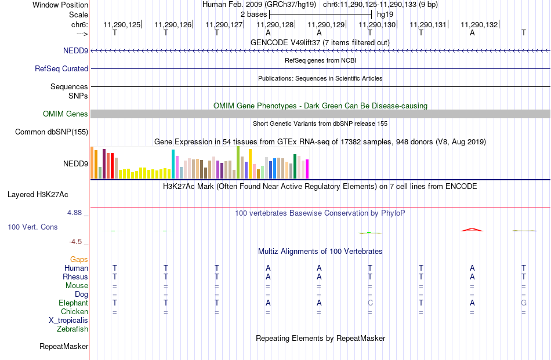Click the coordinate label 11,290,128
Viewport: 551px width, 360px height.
click(x=275, y=24)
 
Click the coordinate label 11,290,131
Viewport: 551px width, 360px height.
click(x=428, y=24)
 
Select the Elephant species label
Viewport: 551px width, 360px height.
click(x=74, y=303)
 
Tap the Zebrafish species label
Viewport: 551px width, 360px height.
click(x=72, y=329)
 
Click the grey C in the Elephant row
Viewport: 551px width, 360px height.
click(x=370, y=303)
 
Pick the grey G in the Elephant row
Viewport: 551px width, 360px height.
click(x=524, y=303)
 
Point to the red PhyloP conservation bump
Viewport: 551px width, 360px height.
click(x=472, y=230)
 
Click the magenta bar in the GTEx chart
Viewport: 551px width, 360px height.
click(x=307, y=169)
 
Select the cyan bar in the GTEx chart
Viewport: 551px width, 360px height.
click(x=173, y=164)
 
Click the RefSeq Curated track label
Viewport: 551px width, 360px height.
click(x=61, y=68)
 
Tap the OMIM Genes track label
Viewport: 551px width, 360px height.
click(x=66, y=114)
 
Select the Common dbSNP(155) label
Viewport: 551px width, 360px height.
click(x=52, y=132)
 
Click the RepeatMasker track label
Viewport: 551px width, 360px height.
click(x=64, y=346)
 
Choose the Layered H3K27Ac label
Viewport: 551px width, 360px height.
click(x=38, y=195)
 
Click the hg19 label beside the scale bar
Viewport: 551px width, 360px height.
click(x=385, y=14)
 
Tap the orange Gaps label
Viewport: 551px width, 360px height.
click(x=79, y=259)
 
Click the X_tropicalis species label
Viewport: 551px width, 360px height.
click(x=68, y=321)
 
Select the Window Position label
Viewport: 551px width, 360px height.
click(x=60, y=5)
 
